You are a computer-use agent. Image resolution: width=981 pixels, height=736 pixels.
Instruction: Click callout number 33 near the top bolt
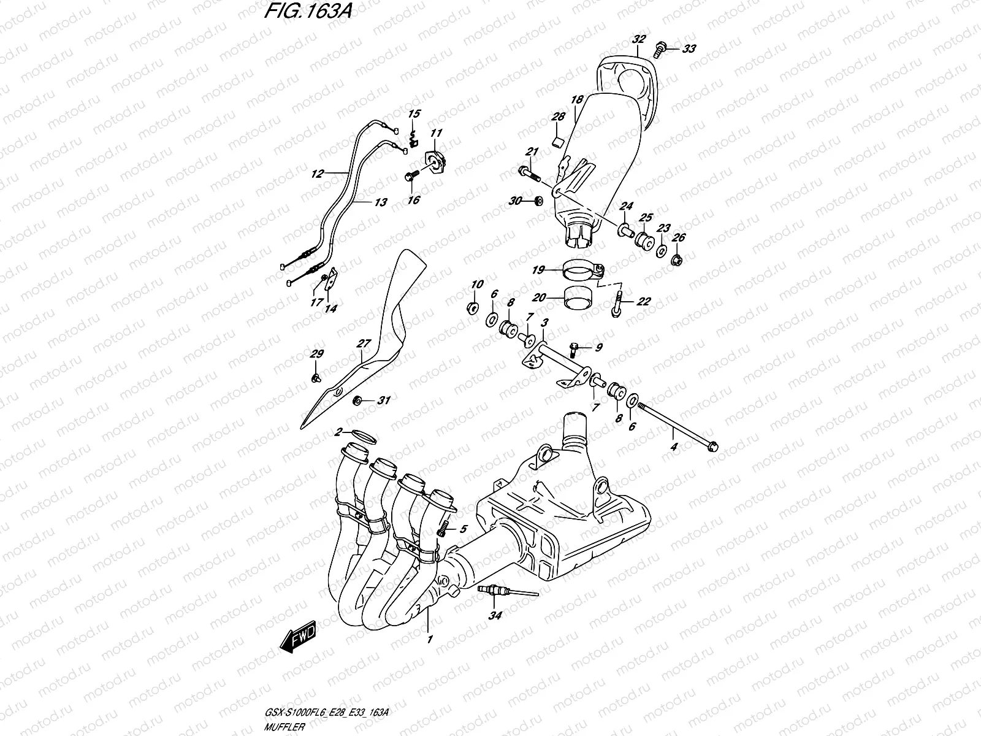tap(689, 49)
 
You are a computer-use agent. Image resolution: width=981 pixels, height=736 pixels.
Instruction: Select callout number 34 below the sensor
tap(495, 615)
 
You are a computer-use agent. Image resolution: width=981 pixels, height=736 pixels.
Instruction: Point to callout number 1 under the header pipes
tap(430, 639)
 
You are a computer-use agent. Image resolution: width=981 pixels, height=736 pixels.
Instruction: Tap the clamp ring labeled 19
tap(581, 269)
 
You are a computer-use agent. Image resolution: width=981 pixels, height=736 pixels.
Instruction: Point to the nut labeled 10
tap(473, 307)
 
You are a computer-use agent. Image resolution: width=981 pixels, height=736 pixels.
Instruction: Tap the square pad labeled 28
tap(558, 142)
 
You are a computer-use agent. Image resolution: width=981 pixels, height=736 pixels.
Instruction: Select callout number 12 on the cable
tap(317, 174)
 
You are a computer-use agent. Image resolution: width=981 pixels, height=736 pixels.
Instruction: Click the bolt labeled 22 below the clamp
tap(616, 304)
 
